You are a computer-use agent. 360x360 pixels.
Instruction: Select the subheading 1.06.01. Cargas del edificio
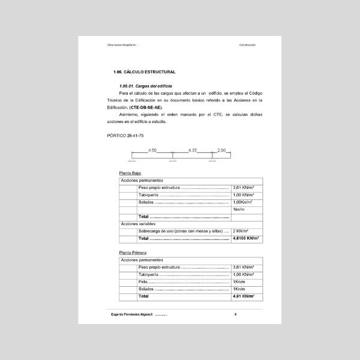[146, 86]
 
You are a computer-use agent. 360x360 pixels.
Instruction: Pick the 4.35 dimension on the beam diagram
[192, 150]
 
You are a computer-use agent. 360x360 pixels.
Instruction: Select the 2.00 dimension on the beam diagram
[221, 150]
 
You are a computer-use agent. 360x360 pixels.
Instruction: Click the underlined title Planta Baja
[130, 173]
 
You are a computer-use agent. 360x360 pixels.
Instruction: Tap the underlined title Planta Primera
[133, 253]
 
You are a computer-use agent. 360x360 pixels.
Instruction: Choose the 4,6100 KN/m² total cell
[245, 238]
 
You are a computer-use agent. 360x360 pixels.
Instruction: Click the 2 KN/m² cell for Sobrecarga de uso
[241, 231]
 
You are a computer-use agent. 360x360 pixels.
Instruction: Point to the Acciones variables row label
[139, 224]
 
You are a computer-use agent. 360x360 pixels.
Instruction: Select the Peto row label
[144, 282]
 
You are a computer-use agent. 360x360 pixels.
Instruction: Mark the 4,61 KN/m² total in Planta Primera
[244, 296]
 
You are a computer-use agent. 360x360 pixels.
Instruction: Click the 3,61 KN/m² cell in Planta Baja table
[244, 188]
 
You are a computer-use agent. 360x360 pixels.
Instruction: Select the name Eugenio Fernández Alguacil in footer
[132, 315]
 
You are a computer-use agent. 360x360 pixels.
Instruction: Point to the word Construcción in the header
[247, 45]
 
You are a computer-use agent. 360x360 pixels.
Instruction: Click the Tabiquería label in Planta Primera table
[149, 275]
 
